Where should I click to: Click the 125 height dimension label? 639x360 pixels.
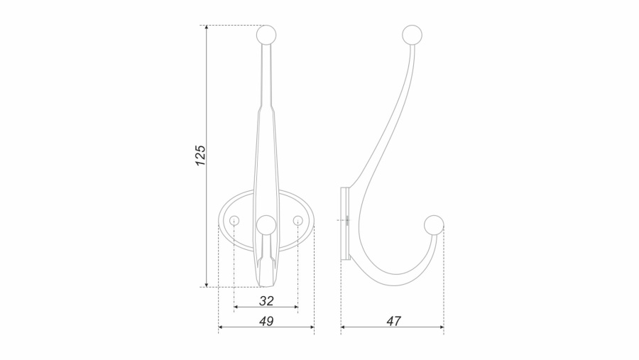[200, 156]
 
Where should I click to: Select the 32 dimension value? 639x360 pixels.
[266, 301]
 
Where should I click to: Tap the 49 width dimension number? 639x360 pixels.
[266, 321]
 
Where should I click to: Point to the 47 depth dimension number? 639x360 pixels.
[393, 321]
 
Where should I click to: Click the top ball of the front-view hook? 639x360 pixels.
[266, 35]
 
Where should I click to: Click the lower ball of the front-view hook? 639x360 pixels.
[266, 225]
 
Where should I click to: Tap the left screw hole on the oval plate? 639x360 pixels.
[234, 221]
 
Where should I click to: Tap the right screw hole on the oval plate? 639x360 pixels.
[298, 221]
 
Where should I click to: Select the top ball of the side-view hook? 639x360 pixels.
[412, 35]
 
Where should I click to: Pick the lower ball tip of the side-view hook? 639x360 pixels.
[434, 225]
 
